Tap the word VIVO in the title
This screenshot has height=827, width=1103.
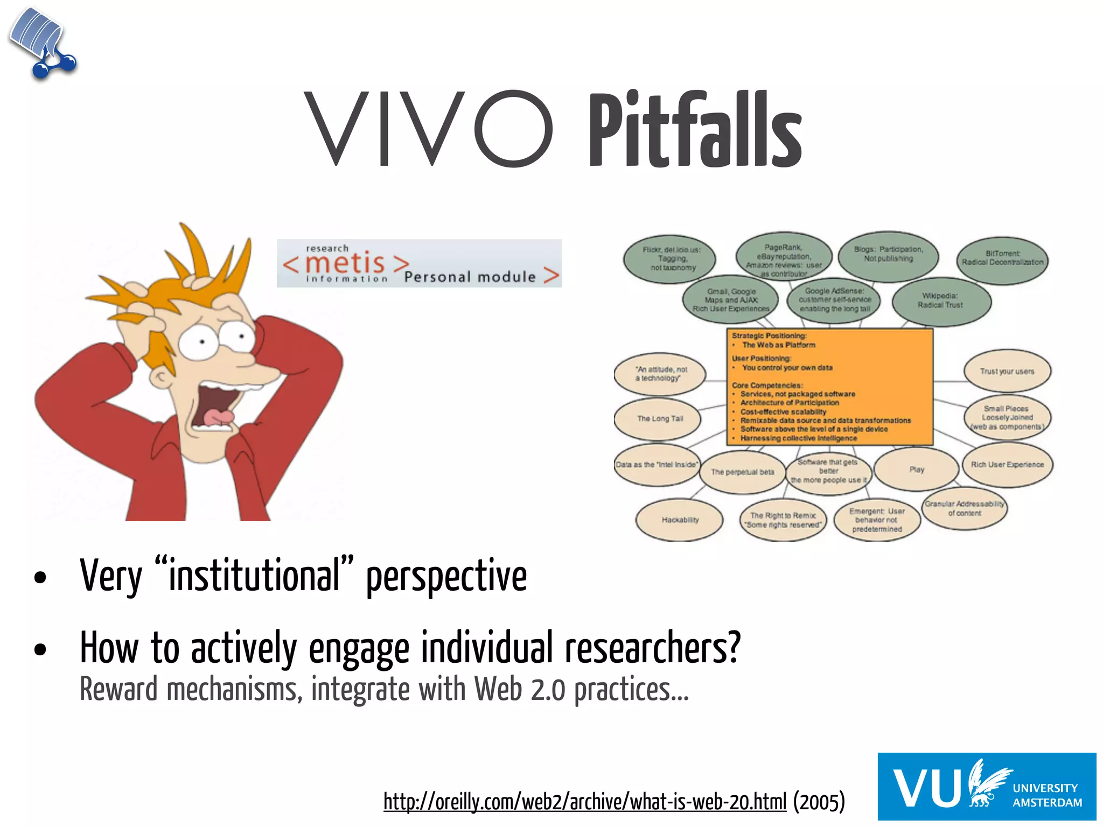428,129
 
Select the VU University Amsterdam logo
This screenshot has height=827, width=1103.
987,786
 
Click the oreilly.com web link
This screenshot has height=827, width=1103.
585,802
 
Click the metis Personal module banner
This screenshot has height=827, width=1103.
419,263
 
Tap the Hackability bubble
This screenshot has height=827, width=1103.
680,520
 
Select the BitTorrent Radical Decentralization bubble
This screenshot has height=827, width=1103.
1002,261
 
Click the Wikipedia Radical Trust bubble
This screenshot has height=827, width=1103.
941,301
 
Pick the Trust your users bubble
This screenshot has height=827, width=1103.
1007,371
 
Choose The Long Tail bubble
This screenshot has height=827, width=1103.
658,418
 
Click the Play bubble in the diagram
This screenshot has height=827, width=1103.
917,469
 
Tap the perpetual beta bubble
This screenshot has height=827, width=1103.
742,472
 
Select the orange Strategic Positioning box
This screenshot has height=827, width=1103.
829,387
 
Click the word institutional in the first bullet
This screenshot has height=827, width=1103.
254,576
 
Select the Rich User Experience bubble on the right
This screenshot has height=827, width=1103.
1007,465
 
